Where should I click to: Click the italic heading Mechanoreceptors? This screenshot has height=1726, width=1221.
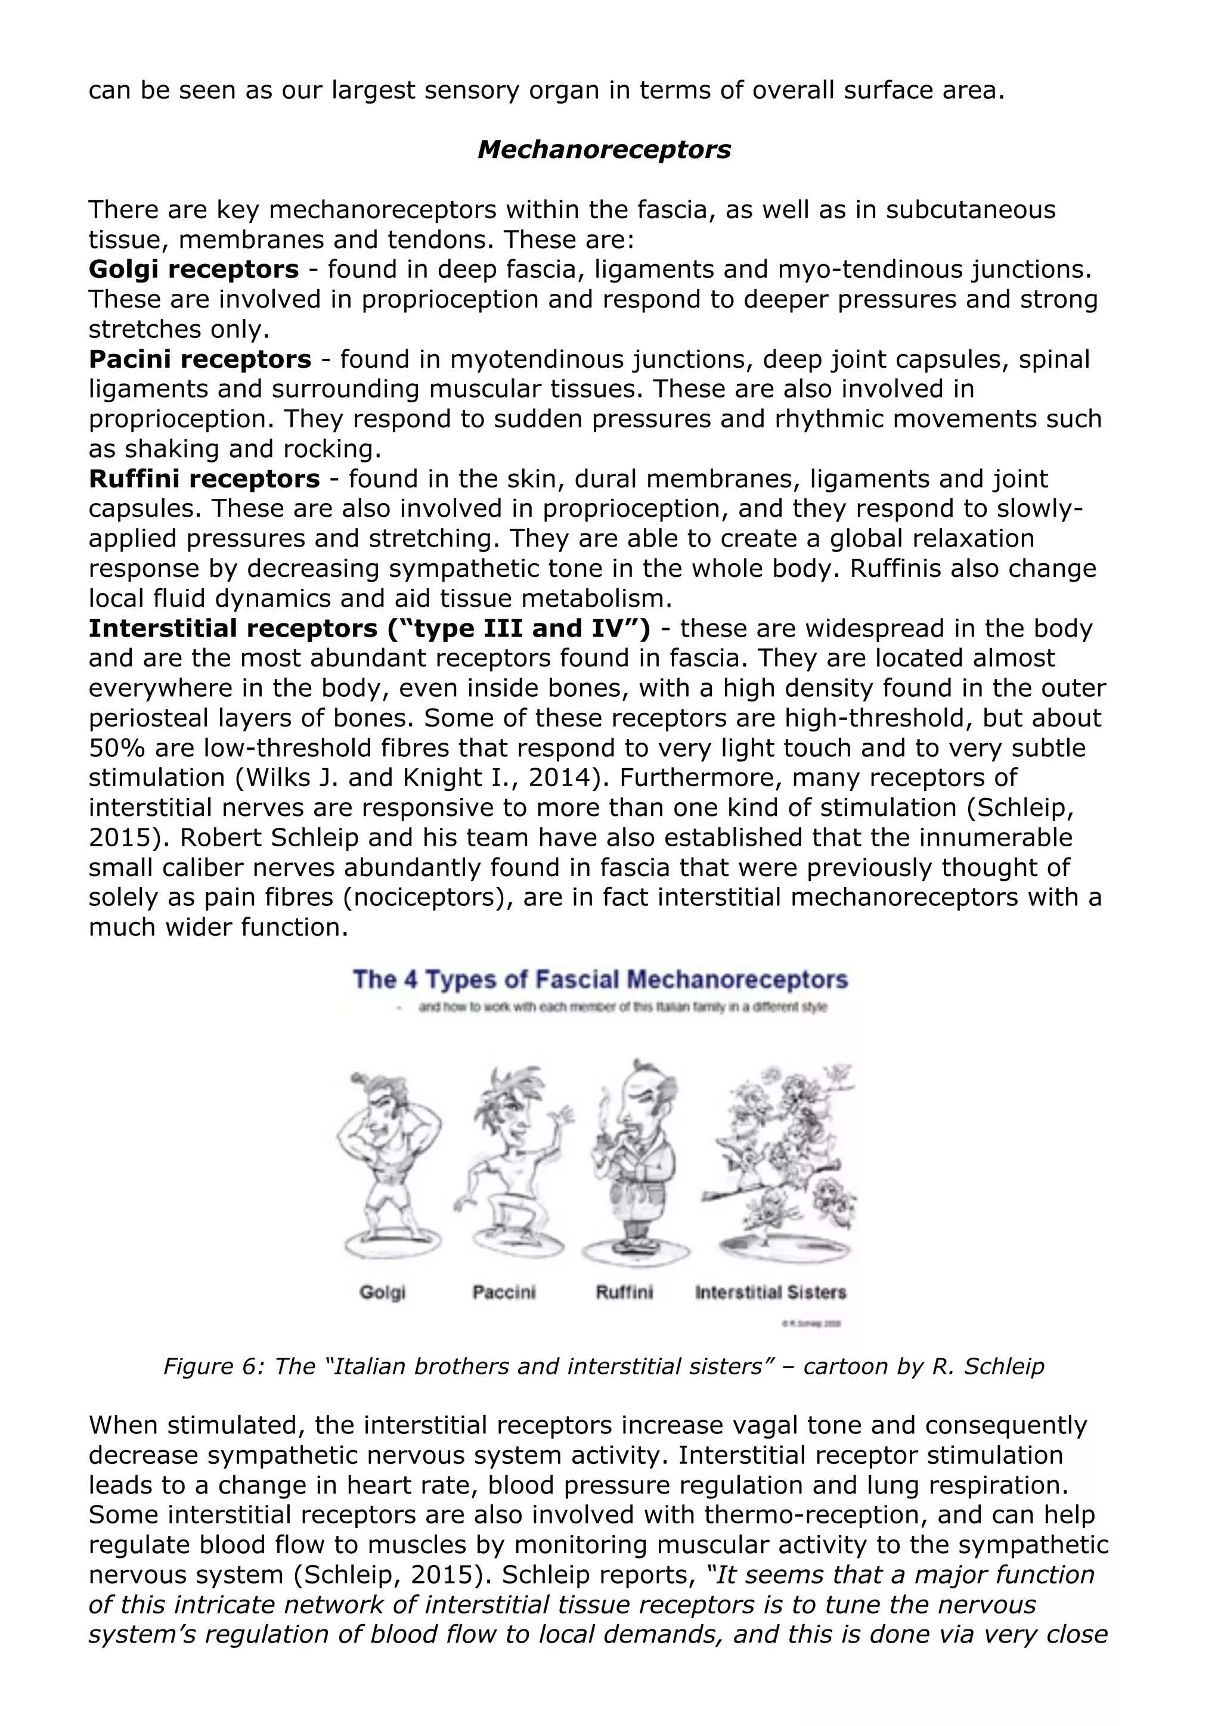[604, 150]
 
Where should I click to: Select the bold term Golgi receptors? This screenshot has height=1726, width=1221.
[193, 269]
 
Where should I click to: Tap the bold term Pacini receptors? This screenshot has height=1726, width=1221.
[199, 359]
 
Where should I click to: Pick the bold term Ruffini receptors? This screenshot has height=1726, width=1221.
[204, 479]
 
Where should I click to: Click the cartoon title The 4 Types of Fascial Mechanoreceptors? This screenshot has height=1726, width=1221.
[600, 980]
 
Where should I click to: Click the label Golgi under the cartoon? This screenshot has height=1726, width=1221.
[382, 1292]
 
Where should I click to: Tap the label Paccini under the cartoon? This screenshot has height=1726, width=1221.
[504, 1292]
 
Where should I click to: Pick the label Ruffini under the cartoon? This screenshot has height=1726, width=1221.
[624, 1292]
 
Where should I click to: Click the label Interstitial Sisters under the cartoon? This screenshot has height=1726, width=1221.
[771, 1292]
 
